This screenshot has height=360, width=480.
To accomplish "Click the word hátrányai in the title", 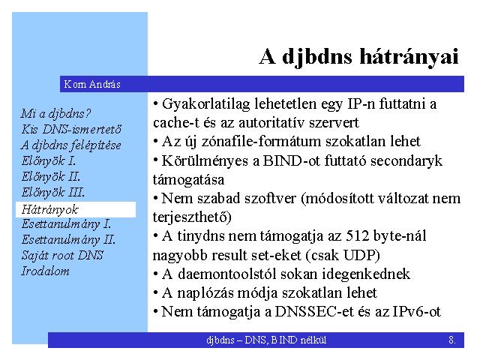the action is (409, 57).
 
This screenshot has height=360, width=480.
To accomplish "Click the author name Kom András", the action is (92, 84).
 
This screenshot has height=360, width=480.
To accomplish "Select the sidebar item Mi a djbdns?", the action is (55, 114).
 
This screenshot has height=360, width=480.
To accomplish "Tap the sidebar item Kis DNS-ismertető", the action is (71, 129).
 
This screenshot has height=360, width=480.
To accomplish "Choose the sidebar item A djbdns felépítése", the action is (71, 145).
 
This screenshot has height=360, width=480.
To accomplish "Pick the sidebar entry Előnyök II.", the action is (51, 177).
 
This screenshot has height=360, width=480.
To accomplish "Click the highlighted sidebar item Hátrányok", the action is (50, 210).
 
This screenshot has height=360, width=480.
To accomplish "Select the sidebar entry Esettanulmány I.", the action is (66, 224).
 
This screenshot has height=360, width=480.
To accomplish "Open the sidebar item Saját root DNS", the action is (62, 255).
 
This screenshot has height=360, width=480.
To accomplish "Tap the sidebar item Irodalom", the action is (45, 271).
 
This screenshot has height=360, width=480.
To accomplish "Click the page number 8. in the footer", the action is (452, 340).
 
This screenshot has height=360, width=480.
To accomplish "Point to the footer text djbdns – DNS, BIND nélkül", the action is (266, 340).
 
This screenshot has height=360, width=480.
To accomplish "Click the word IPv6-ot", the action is (416, 312).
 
